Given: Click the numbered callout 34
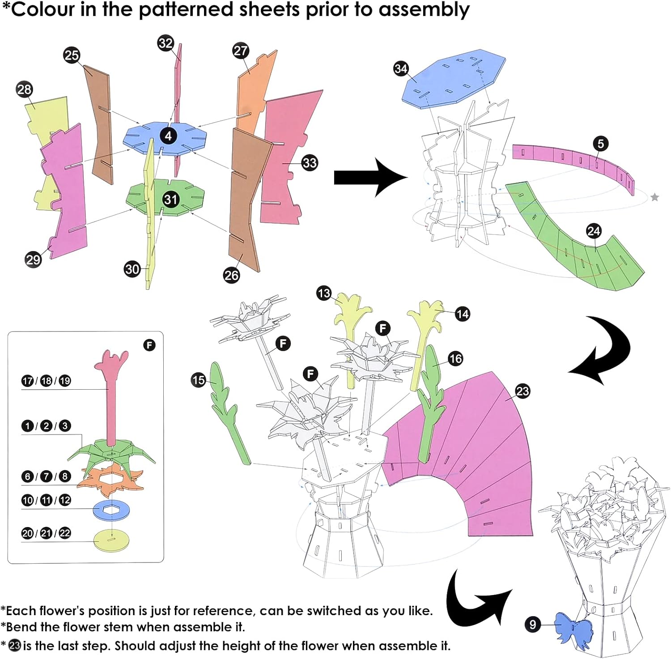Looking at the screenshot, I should pyautogui.click(x=401, y=68).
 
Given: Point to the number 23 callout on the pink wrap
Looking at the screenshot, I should pyautogui.click(x=522, y=391).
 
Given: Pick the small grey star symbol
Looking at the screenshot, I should pyautogui.click(x=654, y=197).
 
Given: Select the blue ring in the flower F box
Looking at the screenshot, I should pyautogui.click(x=111, y=510).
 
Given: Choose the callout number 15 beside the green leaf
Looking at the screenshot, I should pyautogui.click(x=198, y=380).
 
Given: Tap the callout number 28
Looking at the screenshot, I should pyautogui.click(x=24, y=89).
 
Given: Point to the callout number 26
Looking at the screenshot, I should pyautogui.click(x=231, y=275).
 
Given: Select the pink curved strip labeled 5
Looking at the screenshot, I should pyautogui.click(x=573, y=161).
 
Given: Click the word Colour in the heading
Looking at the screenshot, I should pyautogui.click(x=42, y=10).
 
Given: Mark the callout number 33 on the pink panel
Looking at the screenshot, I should pyautogui.click(x=310, y=162).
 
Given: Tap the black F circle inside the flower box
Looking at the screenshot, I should pyautogui.click(x=149, y=345).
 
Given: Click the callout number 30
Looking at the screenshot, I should pyautogui.click(x=132, y=269).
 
